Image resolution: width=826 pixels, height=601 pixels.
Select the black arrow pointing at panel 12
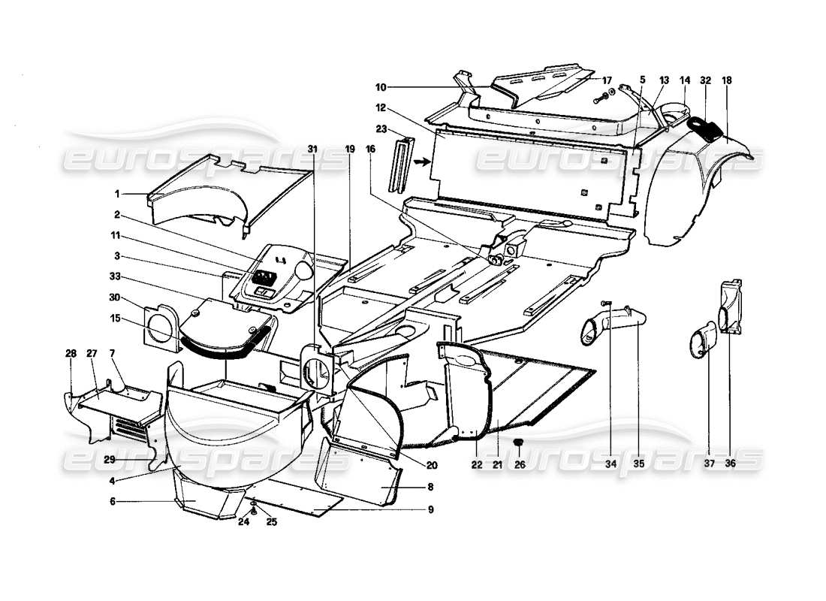coord(423,160)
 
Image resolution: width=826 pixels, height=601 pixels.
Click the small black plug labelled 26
coord(517,442)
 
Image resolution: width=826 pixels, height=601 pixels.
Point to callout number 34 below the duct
coord(611,464)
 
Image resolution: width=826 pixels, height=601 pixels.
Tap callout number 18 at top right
coord(727,80)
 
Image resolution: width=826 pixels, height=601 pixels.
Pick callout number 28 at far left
coord(70,353)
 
